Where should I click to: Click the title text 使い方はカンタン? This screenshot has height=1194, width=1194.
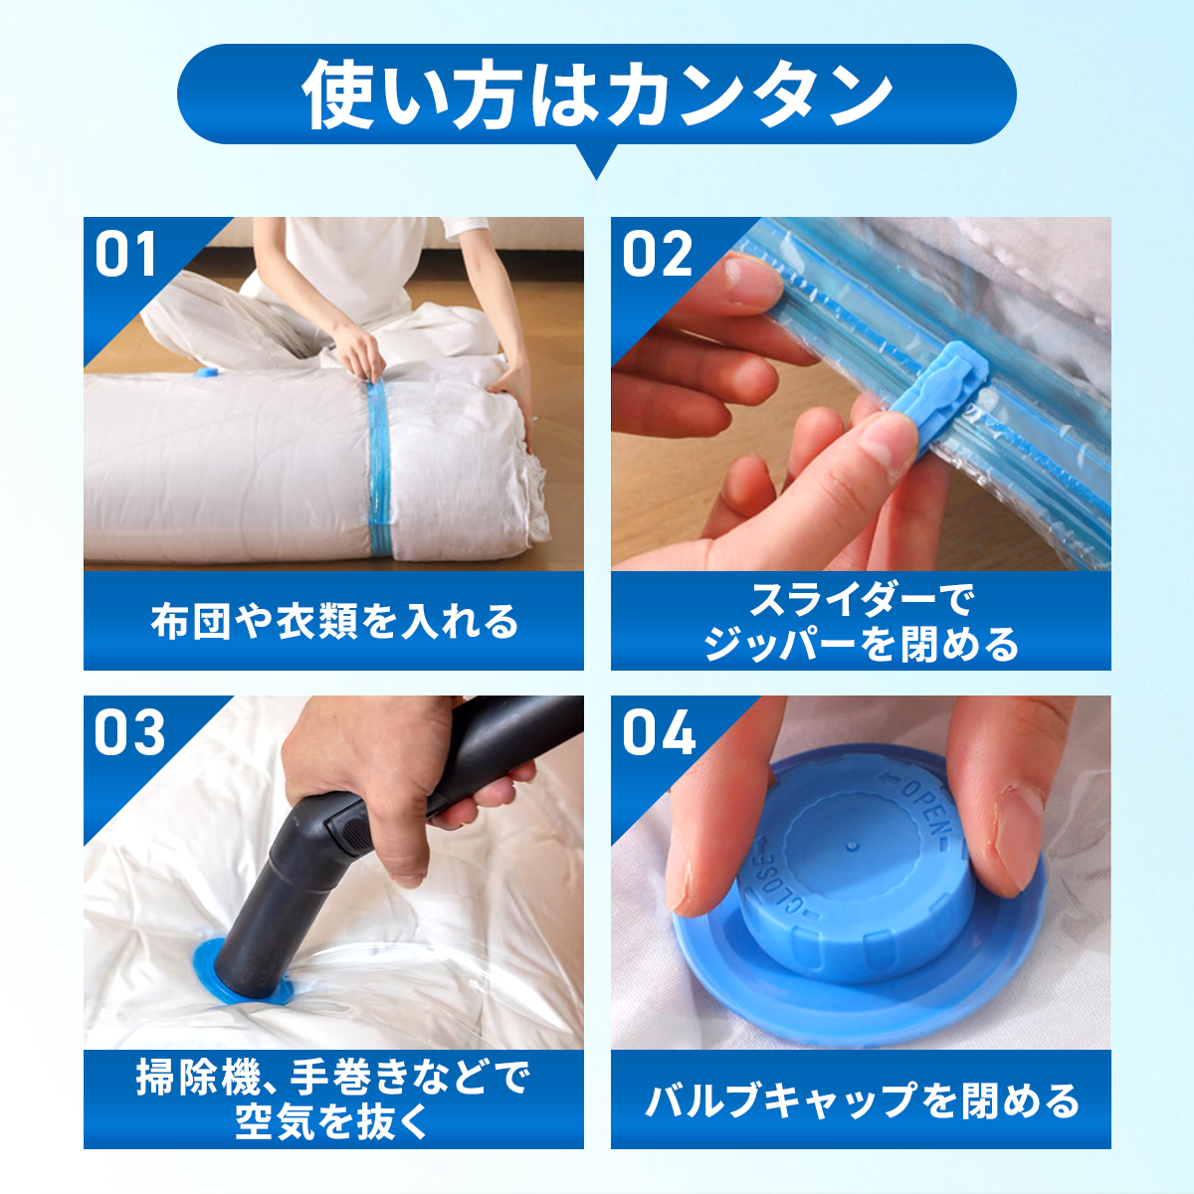point(597,95)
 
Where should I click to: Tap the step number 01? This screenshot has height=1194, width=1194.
point(125,254)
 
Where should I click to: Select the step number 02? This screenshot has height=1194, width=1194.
point(657,254)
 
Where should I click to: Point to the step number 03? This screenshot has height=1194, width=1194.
point(129,732)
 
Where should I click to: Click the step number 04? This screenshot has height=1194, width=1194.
point(659,732)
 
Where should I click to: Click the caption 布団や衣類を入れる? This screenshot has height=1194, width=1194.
point(334,622)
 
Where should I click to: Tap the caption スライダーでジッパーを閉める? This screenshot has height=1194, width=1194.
point(861,622)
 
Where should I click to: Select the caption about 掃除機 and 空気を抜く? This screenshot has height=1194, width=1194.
point(333,1099)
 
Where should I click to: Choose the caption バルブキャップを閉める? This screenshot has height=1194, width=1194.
point(862,1101)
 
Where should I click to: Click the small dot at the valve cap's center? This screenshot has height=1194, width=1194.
point(853,845)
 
